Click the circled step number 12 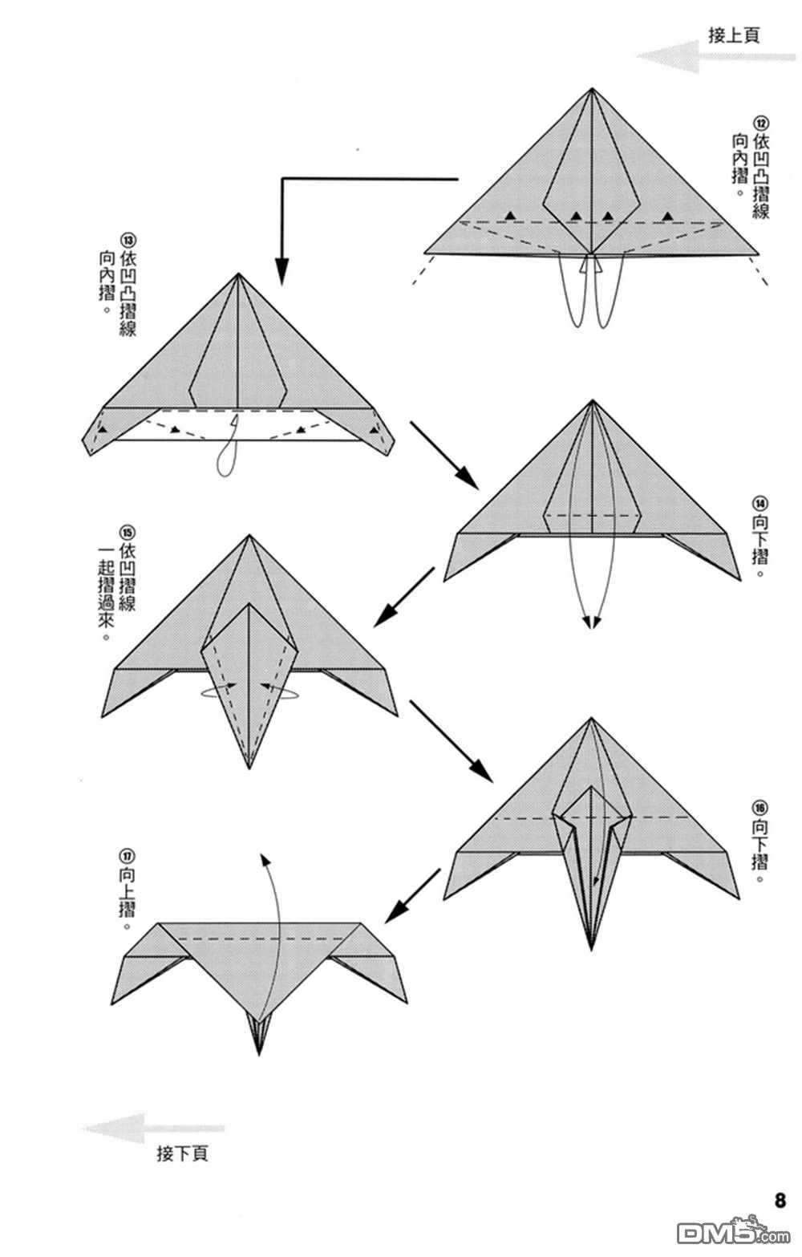click(761, 124)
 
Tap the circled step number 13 click(128, 241)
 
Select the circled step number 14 click(761, 503)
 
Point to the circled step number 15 click(128, 531)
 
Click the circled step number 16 click(760, 808)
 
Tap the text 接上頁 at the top click(734, 35)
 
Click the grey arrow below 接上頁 click(715, 57)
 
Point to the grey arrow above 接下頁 click(153, 1127)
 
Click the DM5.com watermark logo click(734, 1233)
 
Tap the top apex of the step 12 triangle click(592, 89)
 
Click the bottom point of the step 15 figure click(249, 767)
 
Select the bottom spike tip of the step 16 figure click(590, 948)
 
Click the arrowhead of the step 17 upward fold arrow click(264, 860)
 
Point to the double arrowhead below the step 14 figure click(592, 623)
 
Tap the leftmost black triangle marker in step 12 click(509, 215)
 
